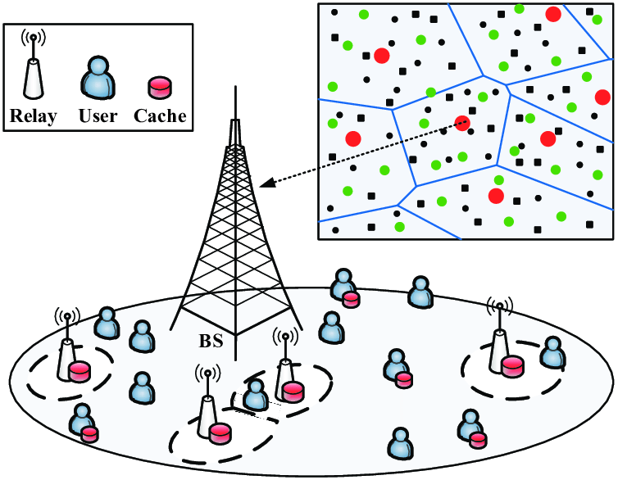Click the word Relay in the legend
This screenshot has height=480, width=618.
(34, 115)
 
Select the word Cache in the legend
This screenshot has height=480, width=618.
(161, 115)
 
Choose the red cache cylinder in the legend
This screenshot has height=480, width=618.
(160, 87)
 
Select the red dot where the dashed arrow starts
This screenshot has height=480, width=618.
(462, 123)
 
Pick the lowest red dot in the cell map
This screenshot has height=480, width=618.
(496, 196)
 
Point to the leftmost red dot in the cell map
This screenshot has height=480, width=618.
(353, 138)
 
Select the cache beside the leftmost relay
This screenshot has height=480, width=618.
(79, 372)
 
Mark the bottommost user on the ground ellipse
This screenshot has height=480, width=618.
(400, 443)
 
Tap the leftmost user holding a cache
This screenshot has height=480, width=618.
(83, 420)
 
